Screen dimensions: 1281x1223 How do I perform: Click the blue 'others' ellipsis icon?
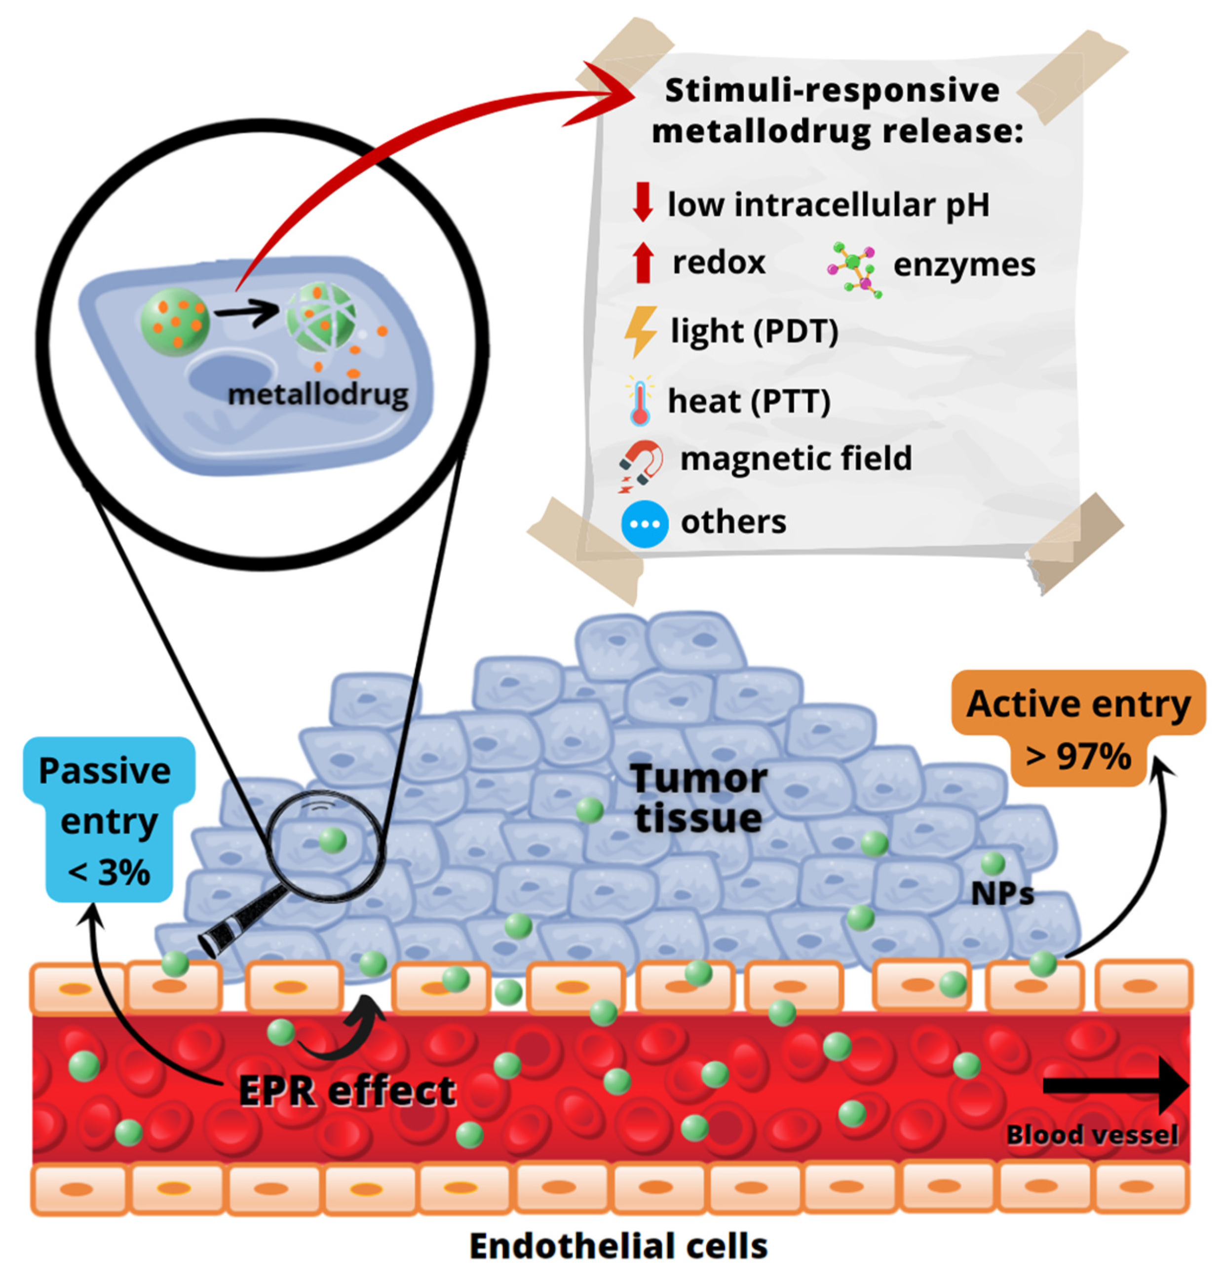[644, 524]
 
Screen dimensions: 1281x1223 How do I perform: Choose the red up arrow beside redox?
[643, 262]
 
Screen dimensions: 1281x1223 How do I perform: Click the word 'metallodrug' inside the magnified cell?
[318, 395]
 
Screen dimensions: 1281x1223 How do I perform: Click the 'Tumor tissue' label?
[699, 798]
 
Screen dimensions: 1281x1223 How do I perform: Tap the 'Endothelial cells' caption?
[618, 1246]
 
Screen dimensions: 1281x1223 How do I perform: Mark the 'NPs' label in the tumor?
[1002, 894]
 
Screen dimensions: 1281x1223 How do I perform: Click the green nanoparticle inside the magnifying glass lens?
[333, 841]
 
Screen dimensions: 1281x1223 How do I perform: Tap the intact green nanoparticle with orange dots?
[175, 323]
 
